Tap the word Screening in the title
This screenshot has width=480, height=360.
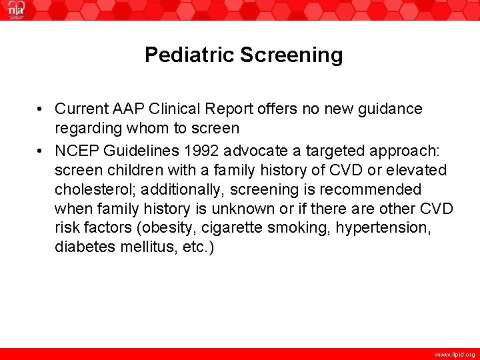point(291,55)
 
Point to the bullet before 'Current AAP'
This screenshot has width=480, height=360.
point(41,109)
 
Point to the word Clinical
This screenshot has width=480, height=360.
point(175,109)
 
